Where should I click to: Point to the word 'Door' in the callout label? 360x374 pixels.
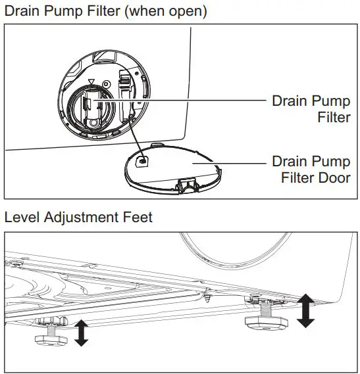pos(330,177)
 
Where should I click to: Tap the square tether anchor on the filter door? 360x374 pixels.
pos(141,158)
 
